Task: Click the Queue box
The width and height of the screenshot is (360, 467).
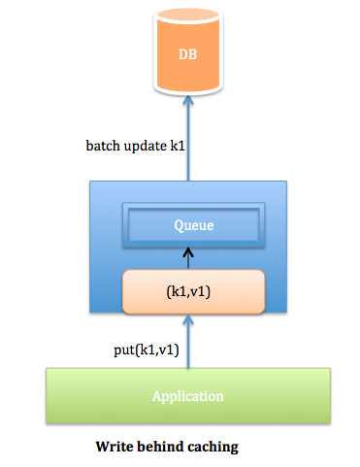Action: pyautogui.click(x=192, y=225)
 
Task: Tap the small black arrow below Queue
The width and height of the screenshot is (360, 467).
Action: pyautogui.click(x=189, y=257)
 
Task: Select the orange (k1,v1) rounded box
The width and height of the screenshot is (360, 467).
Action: pyautogui.click(x=193, y=291)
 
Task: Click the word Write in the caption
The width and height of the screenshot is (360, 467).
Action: pyautogui.click(x=115, y=448)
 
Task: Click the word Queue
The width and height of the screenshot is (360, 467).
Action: pyautogui.click(x=193, y=225)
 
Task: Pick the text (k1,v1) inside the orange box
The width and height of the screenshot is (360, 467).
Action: pyautogui.click(x=193, y=291)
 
